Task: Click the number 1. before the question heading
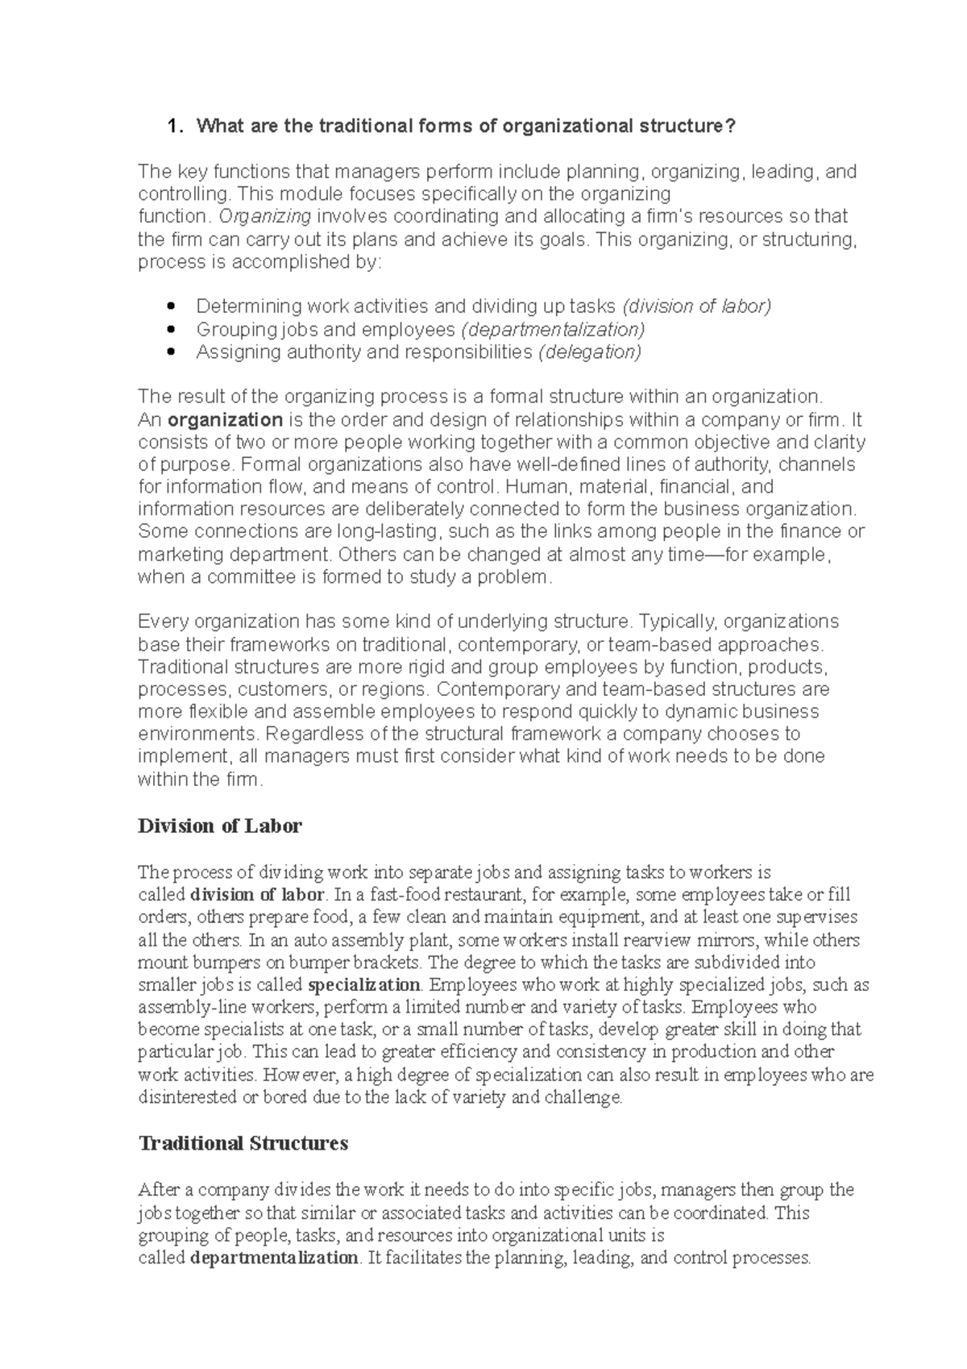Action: pos(173,127)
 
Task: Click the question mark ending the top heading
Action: pos(732,127)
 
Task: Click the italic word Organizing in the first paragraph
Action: pos(265,217)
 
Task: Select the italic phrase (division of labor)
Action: pos(696,306)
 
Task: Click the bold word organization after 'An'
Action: pos(226,420)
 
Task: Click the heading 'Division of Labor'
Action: pos(220,826)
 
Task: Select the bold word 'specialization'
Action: pos(364,985)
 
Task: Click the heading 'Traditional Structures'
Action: pos(243,1143)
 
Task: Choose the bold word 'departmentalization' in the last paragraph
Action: pos(273,1259)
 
